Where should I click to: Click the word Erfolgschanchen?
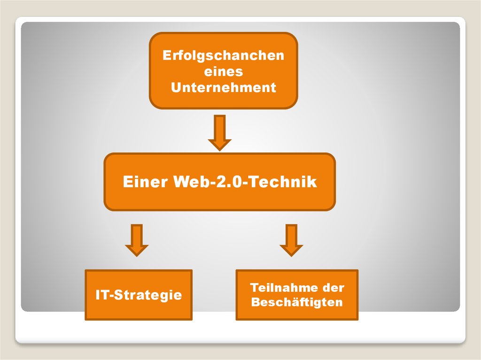(223, 55)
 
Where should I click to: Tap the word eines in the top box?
(223, 71)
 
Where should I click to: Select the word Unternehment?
(223, 87)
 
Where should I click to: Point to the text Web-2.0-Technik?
(245, 182)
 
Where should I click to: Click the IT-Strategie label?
(139, 295)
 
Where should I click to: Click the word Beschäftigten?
(297, 302)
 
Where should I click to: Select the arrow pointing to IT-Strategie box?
(137, 240)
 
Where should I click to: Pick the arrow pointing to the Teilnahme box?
(291, 240)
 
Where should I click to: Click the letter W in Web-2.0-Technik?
(181, 182)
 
